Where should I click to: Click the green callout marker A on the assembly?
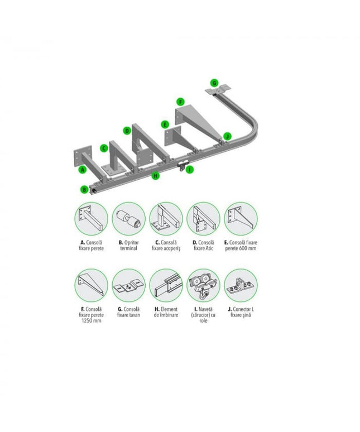click(83, 170)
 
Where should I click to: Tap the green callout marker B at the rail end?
click(85, 190)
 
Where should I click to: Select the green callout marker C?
click(104, 148)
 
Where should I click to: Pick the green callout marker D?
click(127, 131)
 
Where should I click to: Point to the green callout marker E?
click(165, 124)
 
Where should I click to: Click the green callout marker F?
click(180, 102)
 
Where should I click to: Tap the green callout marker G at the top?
click(214, 83)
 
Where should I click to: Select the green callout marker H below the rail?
click(156, 175)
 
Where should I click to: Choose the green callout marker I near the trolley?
click(190, 170)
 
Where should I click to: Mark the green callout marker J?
click(227, 136)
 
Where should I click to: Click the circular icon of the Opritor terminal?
click(128, 219)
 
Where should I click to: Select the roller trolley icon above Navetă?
click(203, 285)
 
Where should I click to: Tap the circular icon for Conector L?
click(241, 285)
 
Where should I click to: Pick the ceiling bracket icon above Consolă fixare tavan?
click(128, 285)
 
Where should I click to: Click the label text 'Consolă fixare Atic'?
click(203, 246)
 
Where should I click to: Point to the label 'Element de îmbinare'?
click(166, 312)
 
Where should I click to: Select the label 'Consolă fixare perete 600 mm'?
click(241, 246)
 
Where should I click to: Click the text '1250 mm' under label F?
click(91, 321)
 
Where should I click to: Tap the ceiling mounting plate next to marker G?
click(218, 90)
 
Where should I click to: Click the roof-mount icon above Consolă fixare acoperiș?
click(166, 219)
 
